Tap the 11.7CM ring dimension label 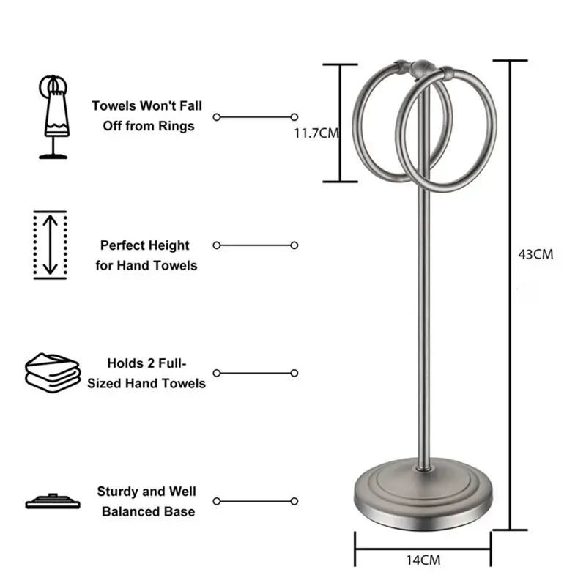click(x=316, y=133)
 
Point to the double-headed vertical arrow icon click(x=50, y=245)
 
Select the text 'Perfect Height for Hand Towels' click(x=146, y=255)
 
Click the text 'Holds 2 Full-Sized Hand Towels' click(x=146, y=373)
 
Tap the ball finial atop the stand click(x=422, y=70)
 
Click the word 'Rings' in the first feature click(x=178, y=126)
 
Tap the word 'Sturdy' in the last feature click(x=119, y=492)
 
